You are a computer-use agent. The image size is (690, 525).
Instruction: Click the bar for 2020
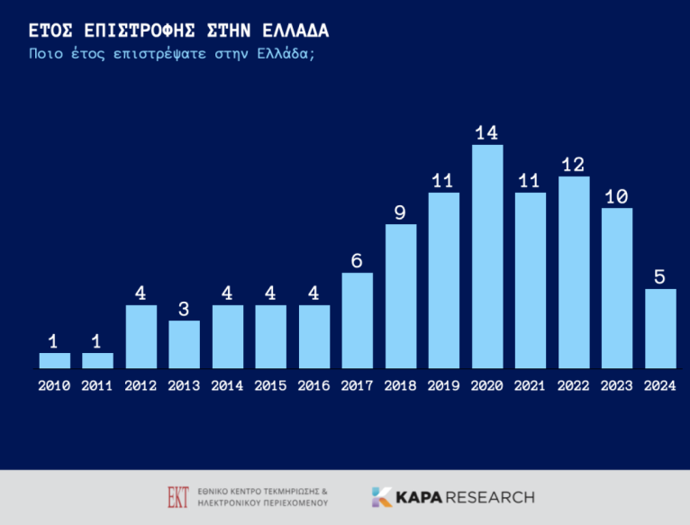[x=487, y=257]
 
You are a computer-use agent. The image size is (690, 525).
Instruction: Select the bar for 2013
[x=184, y=345]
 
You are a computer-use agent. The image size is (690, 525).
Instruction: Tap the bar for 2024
[x=660, y=329]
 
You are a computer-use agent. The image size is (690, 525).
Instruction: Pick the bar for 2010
[x=55, y=360]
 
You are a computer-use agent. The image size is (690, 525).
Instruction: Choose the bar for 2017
[x=358, y=321]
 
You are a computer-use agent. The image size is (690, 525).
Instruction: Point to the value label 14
[x=486, y=133]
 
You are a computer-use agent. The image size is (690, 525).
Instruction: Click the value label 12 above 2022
[x=573, y=165]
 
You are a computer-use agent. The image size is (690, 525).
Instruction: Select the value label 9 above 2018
[x=400, y=213]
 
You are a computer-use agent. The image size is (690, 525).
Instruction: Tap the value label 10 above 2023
[x=616, y=196]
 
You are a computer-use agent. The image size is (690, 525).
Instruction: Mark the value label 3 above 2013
[x=184, y=310]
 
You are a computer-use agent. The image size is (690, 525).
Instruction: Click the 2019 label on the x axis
[x=443, y=386]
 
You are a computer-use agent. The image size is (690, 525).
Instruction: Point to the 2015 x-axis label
[x=270, y=386]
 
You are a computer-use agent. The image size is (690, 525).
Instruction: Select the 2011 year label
[x=96, y=386]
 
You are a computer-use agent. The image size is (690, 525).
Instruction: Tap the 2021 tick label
[x=530, y=386]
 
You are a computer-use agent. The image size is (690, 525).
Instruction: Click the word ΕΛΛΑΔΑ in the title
[x=295, y=31]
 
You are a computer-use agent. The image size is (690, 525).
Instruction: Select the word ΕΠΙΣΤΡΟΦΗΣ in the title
[x=140, y=31]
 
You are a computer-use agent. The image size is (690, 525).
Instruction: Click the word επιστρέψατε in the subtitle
[x=159, y=54]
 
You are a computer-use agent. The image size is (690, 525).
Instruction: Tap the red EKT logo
[x=178, y=497]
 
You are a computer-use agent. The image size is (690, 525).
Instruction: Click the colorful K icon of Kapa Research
[x=382, y=497]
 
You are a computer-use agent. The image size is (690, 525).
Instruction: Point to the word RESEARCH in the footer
[x=491, y=497]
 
